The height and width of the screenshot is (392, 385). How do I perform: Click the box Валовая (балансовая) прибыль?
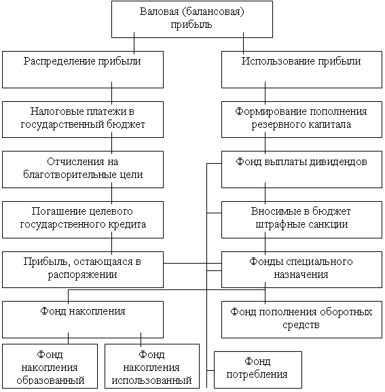coord(192,20)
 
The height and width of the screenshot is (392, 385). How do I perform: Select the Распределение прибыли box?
coord(83,70)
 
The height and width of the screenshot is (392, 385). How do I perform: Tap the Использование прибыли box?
coord(301,70)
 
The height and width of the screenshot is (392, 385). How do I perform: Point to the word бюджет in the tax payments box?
coord(126,124)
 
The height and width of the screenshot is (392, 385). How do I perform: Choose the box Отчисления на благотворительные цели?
coord(83,169)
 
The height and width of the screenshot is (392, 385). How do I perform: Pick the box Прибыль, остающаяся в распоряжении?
coord(83,270)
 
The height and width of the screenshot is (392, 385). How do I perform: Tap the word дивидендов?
coord(338,162)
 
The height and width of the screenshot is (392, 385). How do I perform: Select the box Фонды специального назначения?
coord(301,270)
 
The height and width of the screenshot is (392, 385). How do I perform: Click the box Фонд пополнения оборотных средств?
coord(301,320)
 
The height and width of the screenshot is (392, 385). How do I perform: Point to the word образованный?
coord(50,380)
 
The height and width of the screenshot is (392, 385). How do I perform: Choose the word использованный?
coord(151,380)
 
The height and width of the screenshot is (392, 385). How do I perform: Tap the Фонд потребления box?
coord(258,370)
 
